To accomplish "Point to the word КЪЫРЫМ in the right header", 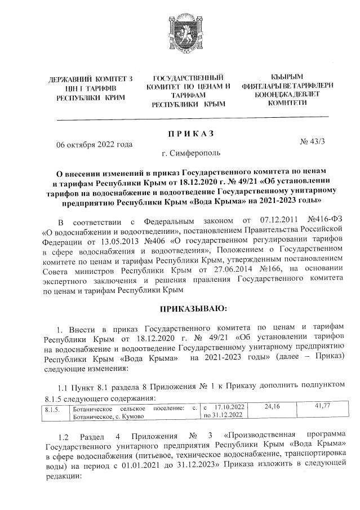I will pos(287,77).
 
